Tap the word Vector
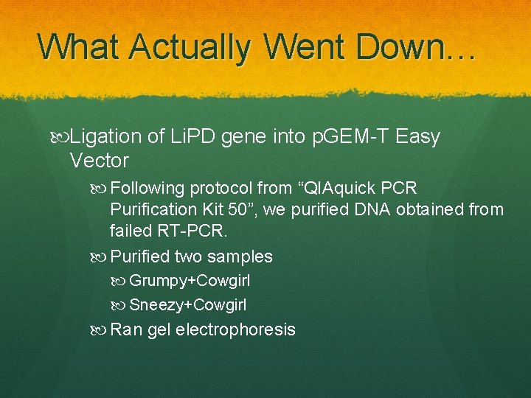point(99,161)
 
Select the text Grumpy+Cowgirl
point(189,281)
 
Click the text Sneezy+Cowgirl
point(188,305)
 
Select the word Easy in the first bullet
point(417,137)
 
